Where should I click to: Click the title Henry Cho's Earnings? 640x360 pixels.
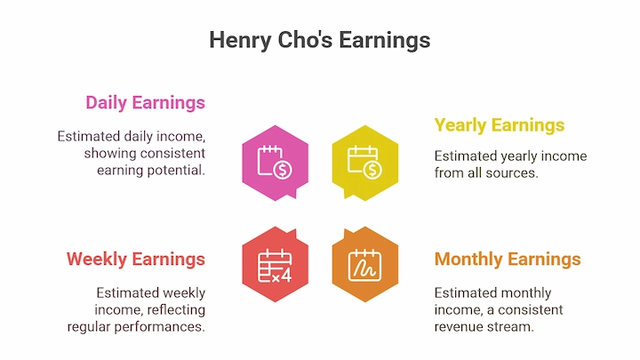[x=320, y=40]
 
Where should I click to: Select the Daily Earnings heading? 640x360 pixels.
[x=145, y=102]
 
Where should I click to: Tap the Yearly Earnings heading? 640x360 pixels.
[x=500, y=125]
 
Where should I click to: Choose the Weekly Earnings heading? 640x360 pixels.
[x=136, y=260]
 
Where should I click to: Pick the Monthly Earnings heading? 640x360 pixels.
[x=508, y=260]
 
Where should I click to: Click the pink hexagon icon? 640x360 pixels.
[x=275, y=163]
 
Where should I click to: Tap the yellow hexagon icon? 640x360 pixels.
[x=365, y=163]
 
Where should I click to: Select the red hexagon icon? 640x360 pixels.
[x=275, y=264]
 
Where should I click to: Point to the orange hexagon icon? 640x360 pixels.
[x=365, y=264]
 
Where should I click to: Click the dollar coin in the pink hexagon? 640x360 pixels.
[x=283, y=170]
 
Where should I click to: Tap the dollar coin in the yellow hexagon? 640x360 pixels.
[x=372, y=170]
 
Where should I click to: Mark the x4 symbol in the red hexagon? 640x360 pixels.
[x=282, y=276]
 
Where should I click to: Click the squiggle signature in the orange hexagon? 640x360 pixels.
[x=364, y=268]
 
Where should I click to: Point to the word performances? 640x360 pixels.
[x=160, y=327]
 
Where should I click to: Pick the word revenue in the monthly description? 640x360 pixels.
[x=456, y=327]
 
